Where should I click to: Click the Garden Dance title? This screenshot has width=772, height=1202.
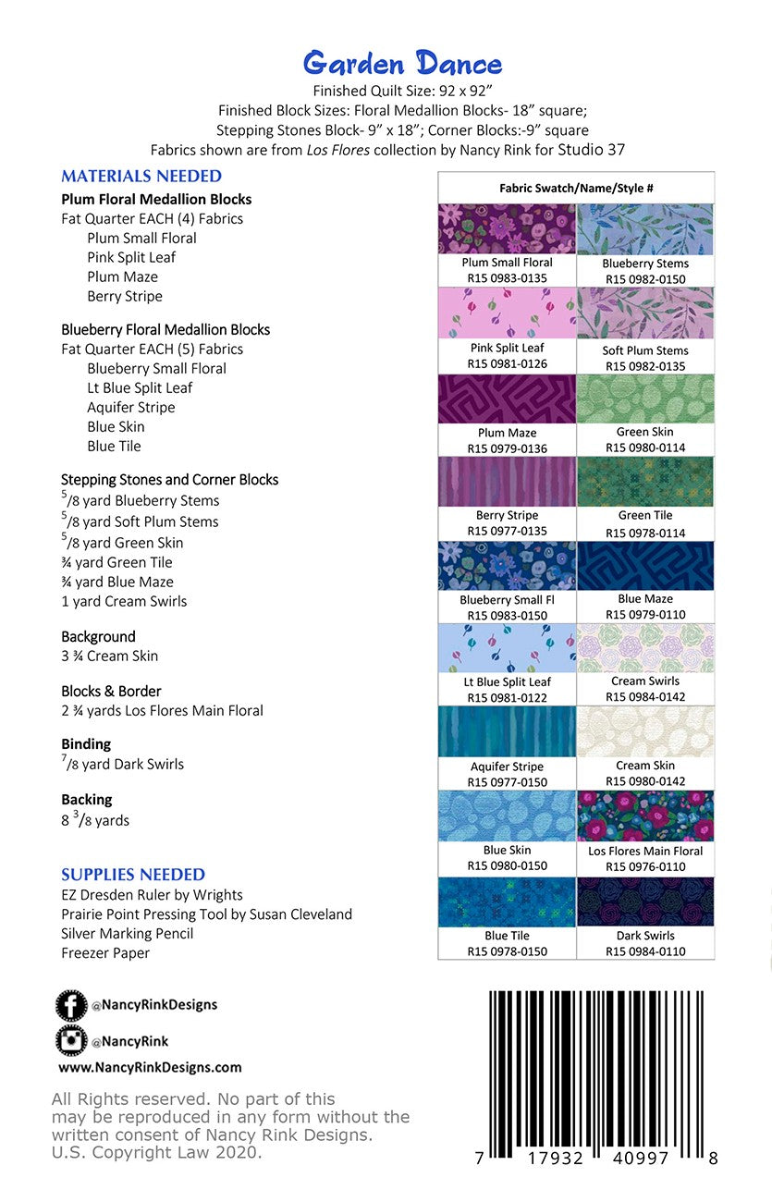pos(403,64)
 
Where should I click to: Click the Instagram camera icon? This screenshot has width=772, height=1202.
pos(70,1041)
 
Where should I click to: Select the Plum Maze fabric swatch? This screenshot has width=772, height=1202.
pos(507,399)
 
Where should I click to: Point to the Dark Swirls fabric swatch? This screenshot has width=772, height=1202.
pos(645,901)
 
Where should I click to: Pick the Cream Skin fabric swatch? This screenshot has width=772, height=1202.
pos(645,731)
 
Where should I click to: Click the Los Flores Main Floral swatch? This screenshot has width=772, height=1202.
pos(645,816)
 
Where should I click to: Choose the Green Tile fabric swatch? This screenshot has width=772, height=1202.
pos(645,482)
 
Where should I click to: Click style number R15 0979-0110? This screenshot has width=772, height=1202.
pos(645,615)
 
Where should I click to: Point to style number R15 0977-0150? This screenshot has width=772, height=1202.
pos(507,782)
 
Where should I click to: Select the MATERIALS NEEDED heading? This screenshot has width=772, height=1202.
pos(141,176)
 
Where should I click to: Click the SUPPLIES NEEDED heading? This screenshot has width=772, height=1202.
pos(133,874)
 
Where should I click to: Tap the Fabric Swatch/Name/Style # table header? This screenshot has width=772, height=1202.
pos(576,188)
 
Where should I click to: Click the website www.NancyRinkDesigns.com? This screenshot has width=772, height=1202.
pos(150,1067)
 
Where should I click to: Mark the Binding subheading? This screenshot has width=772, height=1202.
pos(86,743)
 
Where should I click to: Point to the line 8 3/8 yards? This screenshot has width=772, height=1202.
pos(95,820)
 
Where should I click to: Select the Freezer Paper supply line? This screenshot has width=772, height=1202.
pos(105,952)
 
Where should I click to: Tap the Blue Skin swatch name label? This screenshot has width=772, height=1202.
pos(508,850)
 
